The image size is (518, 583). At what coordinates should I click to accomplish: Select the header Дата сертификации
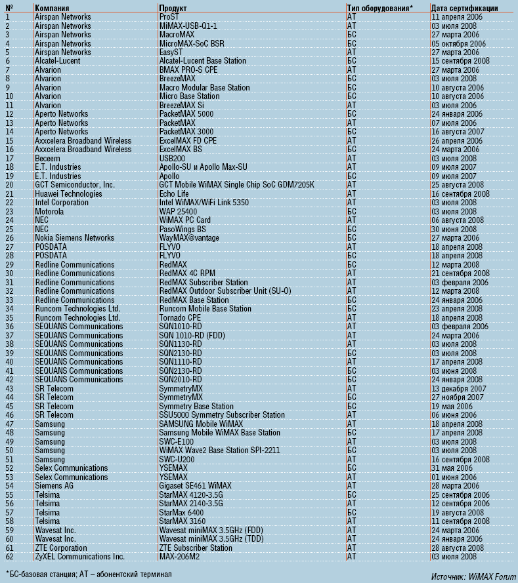click(464, 8)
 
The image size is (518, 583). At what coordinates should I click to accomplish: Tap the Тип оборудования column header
click(379, 8)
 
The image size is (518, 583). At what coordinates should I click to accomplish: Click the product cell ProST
click(169, 16)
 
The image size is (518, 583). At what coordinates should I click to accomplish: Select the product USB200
click(173, 158)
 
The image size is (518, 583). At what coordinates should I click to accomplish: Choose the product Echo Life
click(174, 193)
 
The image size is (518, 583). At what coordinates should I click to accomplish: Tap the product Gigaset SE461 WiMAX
click(195, 486)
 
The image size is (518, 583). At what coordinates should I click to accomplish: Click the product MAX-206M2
click(180, 557)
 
